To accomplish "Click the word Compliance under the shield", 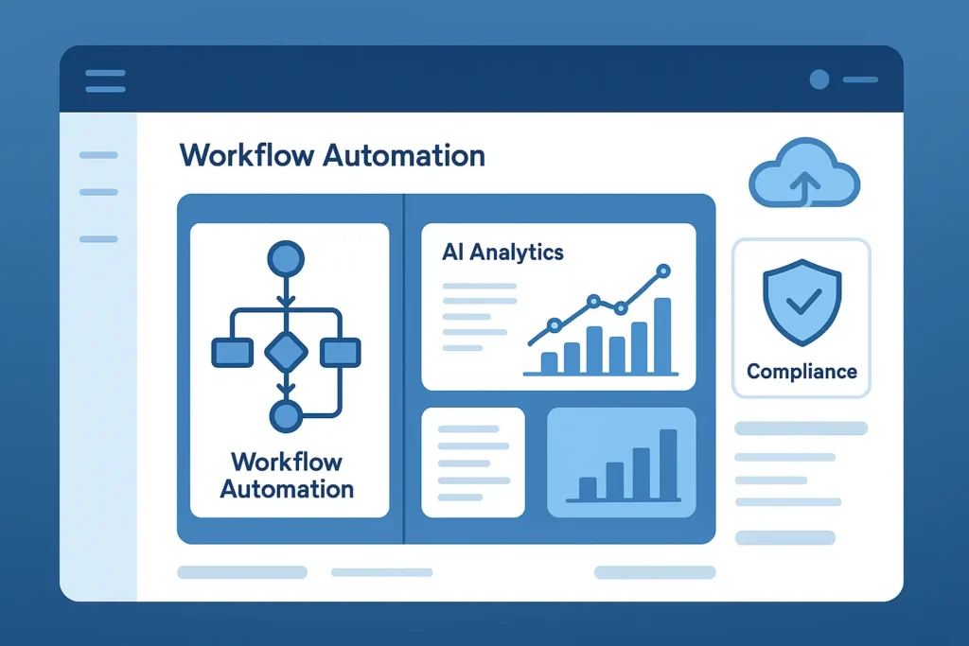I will (x=802, y=371).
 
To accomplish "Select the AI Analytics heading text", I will (x=502, y=253).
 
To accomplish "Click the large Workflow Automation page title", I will (x=332, y=155).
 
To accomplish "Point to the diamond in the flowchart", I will (x=286, y=353).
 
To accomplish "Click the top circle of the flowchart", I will (x=286, y=258).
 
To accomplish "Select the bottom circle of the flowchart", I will (x=286, y=416).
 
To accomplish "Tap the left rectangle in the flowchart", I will (x=231, y=353).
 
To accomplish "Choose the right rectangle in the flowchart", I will (x=341, y=353).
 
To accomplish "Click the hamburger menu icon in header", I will (x=105, y=80).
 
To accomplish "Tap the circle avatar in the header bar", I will (x=819, y=80).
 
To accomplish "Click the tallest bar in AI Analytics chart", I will (x=662, y=336).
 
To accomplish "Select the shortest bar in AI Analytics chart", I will (x=549, y=363).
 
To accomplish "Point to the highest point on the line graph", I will (x=662, y=271).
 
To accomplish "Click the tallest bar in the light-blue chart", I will (x=668, y=463).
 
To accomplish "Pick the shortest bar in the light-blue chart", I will (x=588, y=488).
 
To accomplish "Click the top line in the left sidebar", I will (x=98, y=155).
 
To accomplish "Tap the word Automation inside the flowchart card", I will (x=287, y=489).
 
